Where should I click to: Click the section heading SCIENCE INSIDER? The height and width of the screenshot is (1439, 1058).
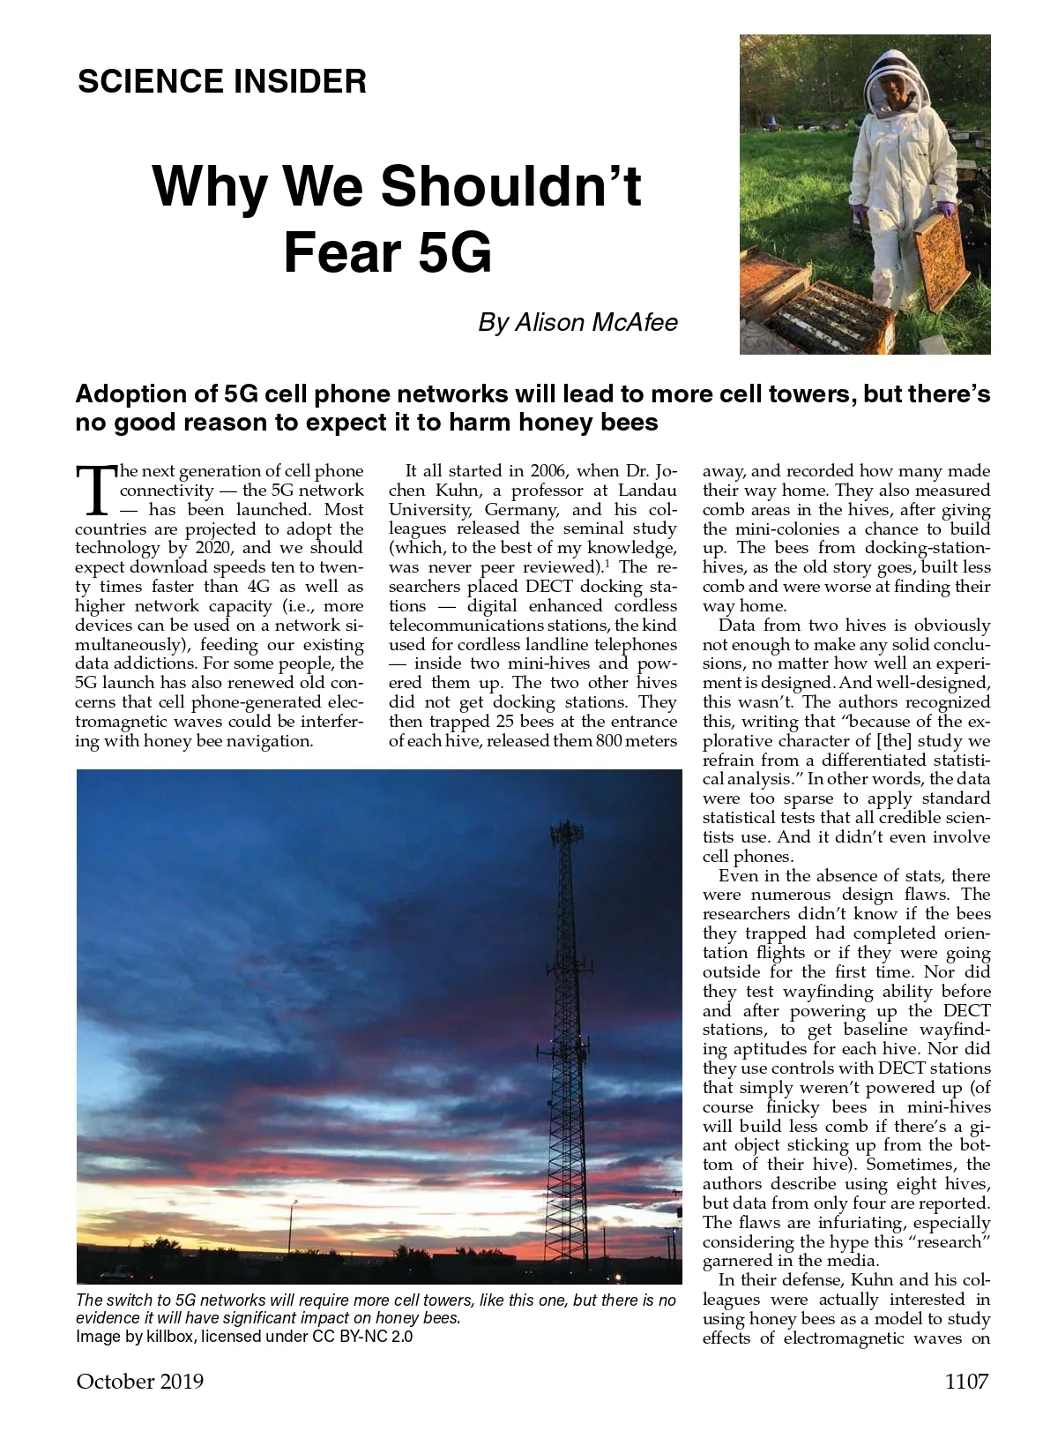click(x=221, y=82)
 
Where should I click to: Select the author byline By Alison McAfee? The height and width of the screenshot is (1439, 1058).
click(x=577, y=323)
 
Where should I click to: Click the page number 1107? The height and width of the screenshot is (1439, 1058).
click(x=966, y=1381)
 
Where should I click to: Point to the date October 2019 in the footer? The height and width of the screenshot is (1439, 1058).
click(x=140, y=1381)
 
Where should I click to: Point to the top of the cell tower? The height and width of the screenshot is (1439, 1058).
click(x=565, y=829)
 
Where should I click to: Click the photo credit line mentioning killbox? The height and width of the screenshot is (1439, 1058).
click(x=244, y=1336)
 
